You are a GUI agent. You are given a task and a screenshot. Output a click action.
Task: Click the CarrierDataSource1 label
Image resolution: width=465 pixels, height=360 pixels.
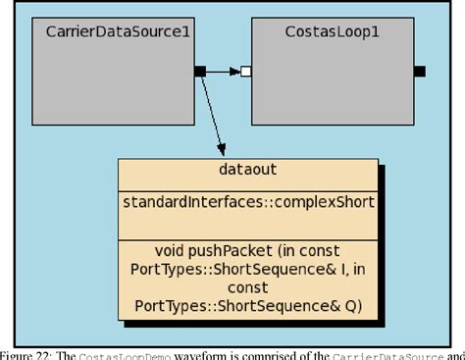pos(118,32)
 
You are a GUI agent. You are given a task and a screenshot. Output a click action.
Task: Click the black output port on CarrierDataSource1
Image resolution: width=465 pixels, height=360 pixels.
pos(199,71)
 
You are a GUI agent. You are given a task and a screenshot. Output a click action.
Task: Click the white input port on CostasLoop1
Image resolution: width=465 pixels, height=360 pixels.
pos(246,71)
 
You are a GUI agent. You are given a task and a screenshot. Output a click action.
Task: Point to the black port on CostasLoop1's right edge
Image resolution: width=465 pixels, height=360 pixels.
pos(419,71)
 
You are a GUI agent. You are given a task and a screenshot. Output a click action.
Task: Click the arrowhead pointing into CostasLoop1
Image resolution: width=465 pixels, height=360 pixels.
pos(235,71)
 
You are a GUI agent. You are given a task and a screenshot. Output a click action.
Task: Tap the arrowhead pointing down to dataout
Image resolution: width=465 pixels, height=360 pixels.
pos(222,148)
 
